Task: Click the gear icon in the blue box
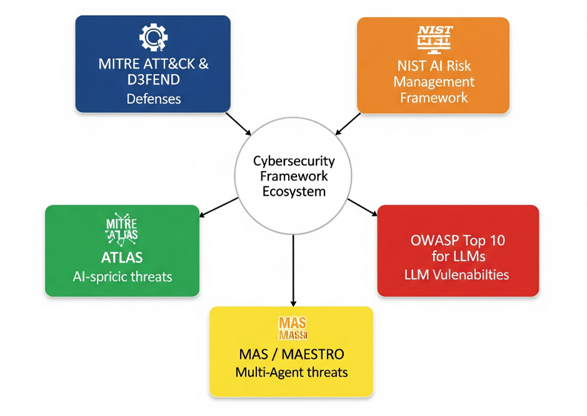[153, 37]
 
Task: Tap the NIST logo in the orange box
[434, 38]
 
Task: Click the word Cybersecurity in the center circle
[293, 160]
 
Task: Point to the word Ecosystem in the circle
[293, 191]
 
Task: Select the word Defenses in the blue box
[153, 99]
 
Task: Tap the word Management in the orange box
[434, 82]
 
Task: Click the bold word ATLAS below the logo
[122, 258]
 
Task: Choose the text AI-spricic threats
[122, 276]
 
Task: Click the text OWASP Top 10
[458, 240]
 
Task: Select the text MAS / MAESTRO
[291, 355]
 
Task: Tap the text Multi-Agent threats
[291, 373]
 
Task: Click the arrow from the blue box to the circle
[238, 124]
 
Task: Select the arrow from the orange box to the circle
[348, 124]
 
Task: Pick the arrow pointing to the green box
[218, 208]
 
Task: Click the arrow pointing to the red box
[363, 208]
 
